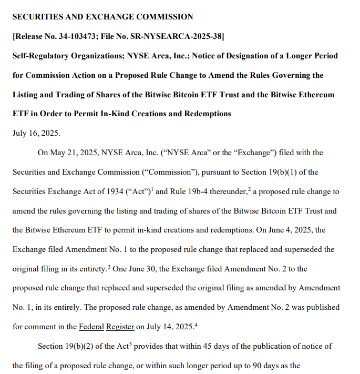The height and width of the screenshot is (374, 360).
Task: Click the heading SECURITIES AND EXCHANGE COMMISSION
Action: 102,17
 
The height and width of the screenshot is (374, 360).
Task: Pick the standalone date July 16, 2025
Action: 36,133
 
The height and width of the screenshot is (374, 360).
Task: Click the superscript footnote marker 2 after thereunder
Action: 250,189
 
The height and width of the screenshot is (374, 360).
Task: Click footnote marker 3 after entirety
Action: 109,266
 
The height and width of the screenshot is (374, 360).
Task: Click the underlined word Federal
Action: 91,327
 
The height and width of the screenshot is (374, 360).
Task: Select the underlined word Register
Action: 120,327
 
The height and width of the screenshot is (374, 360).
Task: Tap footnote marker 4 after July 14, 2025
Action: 196,324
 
